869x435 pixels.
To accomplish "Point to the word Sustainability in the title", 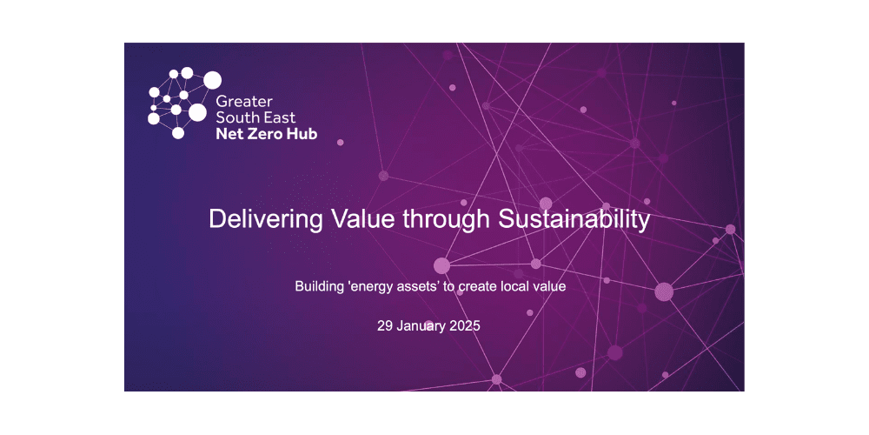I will tap(574, 219).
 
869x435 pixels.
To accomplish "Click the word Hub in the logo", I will tap(300, 134).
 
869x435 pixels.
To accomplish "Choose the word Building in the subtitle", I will tap(320, 285).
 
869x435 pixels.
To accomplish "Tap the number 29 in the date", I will tap(385, 327).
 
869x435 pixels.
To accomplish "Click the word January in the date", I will tap(422, 327).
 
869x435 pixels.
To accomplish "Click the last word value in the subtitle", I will tap(551, 285).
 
